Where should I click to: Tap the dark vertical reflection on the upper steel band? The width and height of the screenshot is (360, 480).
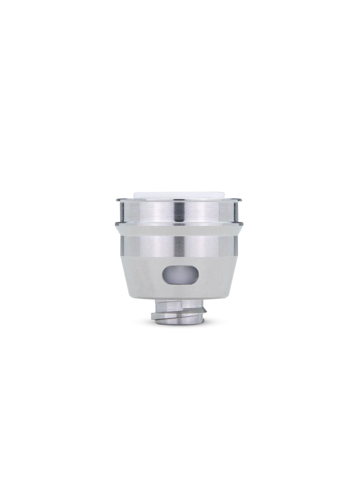tap(179, 212)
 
